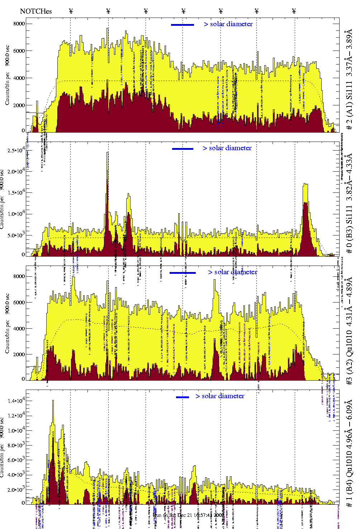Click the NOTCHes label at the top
[x=36, y=11]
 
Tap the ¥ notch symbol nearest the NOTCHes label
[x=71, y=11]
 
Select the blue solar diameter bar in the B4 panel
[x=183, y=397]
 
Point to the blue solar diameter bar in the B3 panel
[x=183, y=149]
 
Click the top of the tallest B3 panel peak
[x=107, y=153]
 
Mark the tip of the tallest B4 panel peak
[x=53, y=401]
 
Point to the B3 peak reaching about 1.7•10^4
[x=305, y=184]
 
